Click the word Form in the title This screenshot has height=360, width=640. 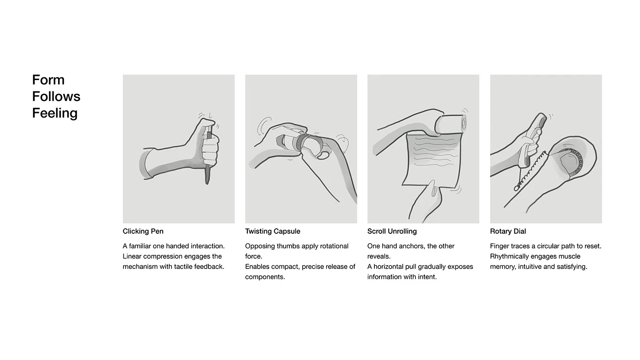coord(48,80)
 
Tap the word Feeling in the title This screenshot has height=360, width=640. coord(55,113)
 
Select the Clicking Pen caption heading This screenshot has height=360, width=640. coord(143,231)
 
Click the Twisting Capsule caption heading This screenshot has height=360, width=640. coord(272,231)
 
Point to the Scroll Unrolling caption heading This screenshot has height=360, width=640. coord(392,231)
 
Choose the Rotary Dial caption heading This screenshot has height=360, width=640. coord(508,231)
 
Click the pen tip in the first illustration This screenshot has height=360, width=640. coord(208,183)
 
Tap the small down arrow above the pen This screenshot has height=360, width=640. coord(210,116)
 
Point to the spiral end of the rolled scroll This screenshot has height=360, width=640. coord(464,124)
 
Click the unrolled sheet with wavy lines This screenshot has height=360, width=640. coord(432,160)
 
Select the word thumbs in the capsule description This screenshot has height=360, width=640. coord(287,246)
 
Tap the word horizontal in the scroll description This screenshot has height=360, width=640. coord(390,267)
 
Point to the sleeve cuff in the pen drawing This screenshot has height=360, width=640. coord(146,164)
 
